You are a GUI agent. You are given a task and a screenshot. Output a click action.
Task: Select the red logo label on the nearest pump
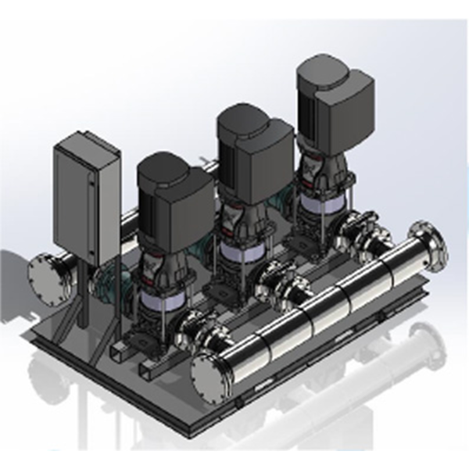click(149, 270)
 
